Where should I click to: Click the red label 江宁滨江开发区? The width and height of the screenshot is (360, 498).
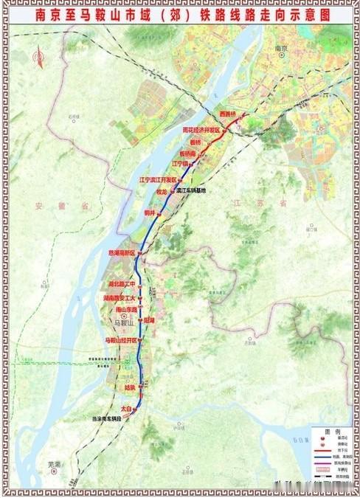pos(159,179)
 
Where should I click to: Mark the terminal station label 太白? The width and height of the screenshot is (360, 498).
pos(125,408)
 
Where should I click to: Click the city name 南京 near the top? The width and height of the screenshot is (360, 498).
pos(280,49)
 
